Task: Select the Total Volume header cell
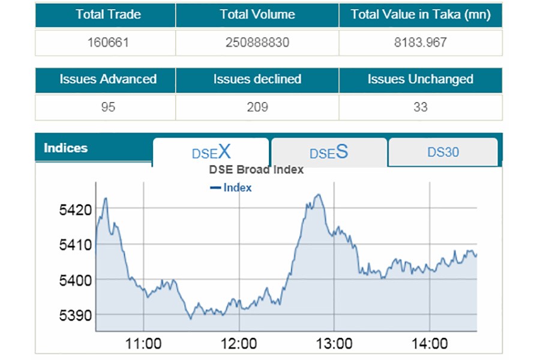(x=257, y=15)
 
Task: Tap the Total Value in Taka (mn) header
(x=421, y=15)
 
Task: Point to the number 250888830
(x=257, y=43)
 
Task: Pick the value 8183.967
(x=421, y=43)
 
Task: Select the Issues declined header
(x=257, y=79)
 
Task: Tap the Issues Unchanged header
(x=421, y=79)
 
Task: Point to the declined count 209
(x=257, y=107)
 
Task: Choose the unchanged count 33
(x=421, y=107)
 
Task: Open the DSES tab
(x=329, y=152)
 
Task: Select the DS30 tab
(x=443, y=152)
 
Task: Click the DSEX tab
(x=211, y=152)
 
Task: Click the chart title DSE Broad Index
(x=256, y=170)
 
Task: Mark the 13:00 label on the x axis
(x=334, y=344)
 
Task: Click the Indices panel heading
(x=66, y=148)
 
